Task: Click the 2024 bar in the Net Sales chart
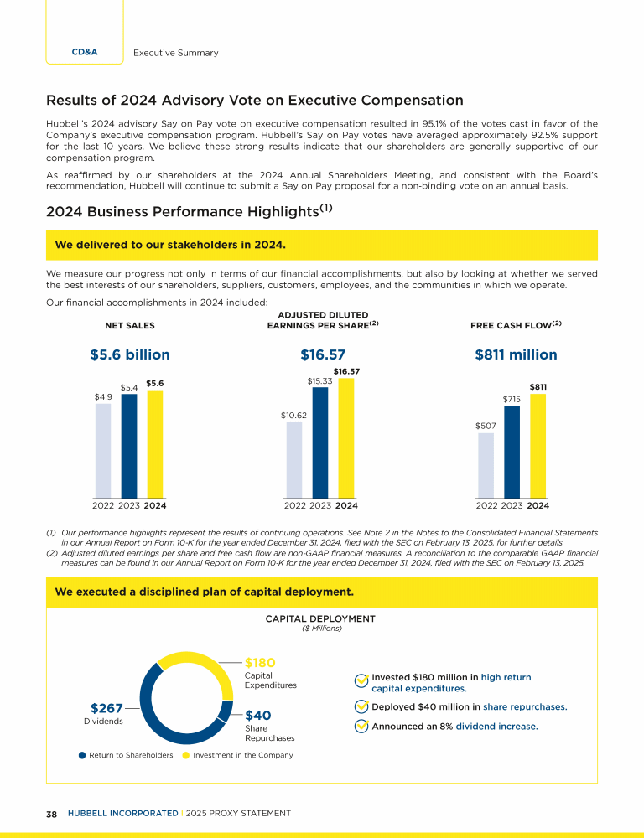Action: [154, 444]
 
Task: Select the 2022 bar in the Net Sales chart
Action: [103, 451]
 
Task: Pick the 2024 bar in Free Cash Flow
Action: [538, 446]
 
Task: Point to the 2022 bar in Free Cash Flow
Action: [486, 465]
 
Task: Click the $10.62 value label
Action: [294, 414]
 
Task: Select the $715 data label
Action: [512, 400]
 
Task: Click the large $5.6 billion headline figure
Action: [130, 355]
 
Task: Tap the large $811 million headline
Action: [516, 355]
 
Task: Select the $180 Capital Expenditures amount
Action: [260, 663]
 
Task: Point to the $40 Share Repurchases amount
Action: [257, 716]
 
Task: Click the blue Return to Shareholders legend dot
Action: [82, 755]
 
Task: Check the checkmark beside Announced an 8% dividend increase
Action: [361, 727]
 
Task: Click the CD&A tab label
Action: [85, 52]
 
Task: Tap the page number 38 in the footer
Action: [51, 813]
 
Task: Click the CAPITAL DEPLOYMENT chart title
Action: [321, 619]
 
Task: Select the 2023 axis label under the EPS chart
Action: [320, 505]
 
